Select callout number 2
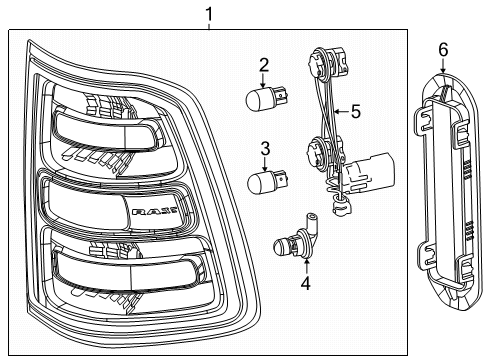point(264,66)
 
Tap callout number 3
point(264,150)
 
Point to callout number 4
point(305,283)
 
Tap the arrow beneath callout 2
point(264,83)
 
